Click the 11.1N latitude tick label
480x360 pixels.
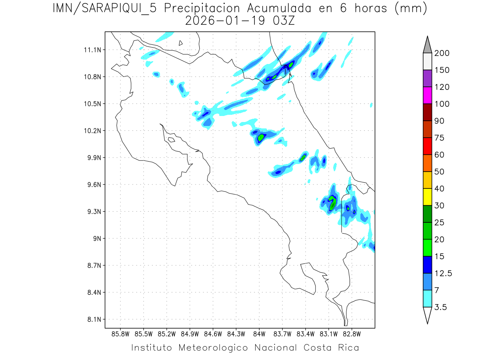[x=94, y=50]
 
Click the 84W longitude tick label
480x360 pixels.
[x=259, y=334]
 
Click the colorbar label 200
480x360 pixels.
[x=442, y=53]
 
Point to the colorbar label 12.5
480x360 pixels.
[x=444, y=274]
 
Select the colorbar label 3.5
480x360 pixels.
[x=441, y=307]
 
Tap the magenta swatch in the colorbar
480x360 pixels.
[x=427, y=95]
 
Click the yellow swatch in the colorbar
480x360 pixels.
[x=427, y=197]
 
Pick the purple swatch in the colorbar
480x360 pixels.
[x=427, y=78]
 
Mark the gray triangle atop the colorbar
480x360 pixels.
[x=427, y=45]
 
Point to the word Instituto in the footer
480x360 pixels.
[x=152, y=348]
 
